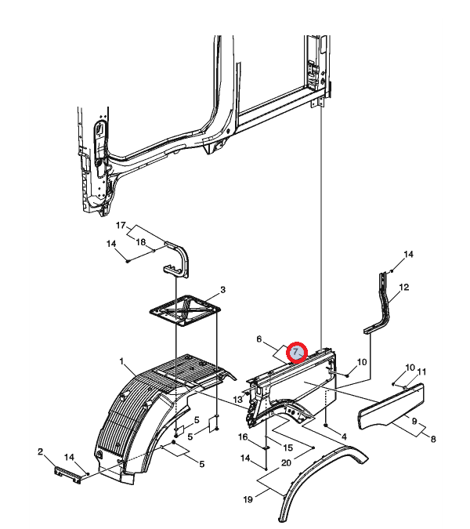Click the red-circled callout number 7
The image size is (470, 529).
tap(295, 352)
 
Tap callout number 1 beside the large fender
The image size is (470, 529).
tap(121, 361)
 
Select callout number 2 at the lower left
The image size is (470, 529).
tap(41, 451)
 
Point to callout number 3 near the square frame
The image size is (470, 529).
tap(223, 290)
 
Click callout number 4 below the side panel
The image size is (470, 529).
tap(344, 437)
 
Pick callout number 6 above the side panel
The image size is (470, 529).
tap(259, 339)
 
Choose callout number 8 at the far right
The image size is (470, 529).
tap(433, 439)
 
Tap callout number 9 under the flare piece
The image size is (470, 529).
tap(414, 422)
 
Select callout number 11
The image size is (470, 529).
tap(421, 371)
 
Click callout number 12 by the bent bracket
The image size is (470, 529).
tap(404, 287)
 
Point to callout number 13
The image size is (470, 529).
tap(237, 400)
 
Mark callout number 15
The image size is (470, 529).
tap(288, 447)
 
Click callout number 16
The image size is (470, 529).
tap(243, 437)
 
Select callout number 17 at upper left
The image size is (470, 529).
tap(121, 225)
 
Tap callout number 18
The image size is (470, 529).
tap(140, 242)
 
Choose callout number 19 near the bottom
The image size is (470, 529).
tap(248, 499)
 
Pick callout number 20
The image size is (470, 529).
tap(286, 463)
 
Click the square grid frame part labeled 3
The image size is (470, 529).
tap(185, 311)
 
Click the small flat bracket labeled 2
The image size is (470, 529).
tap(68, 475)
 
